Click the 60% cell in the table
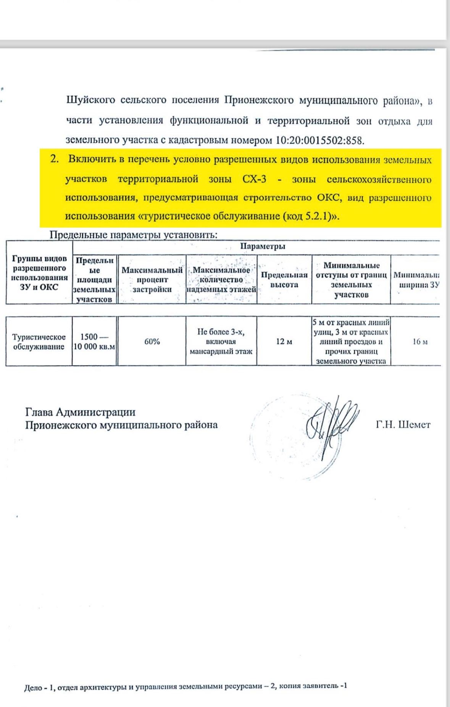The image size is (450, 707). [152, 341]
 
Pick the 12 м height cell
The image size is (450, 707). [284, 341]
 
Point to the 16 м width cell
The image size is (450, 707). [419, 341]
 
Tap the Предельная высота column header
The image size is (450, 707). [284, 280]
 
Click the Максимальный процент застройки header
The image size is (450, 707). [152, 280]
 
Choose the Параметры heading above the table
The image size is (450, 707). [263, 246]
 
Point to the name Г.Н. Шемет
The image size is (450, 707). [403, 424]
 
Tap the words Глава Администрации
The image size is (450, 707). [80, 412]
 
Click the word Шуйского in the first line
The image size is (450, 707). [90, 100]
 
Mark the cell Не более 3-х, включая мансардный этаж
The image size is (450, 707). [221, 341]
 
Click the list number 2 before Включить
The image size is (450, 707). [55, 160]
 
